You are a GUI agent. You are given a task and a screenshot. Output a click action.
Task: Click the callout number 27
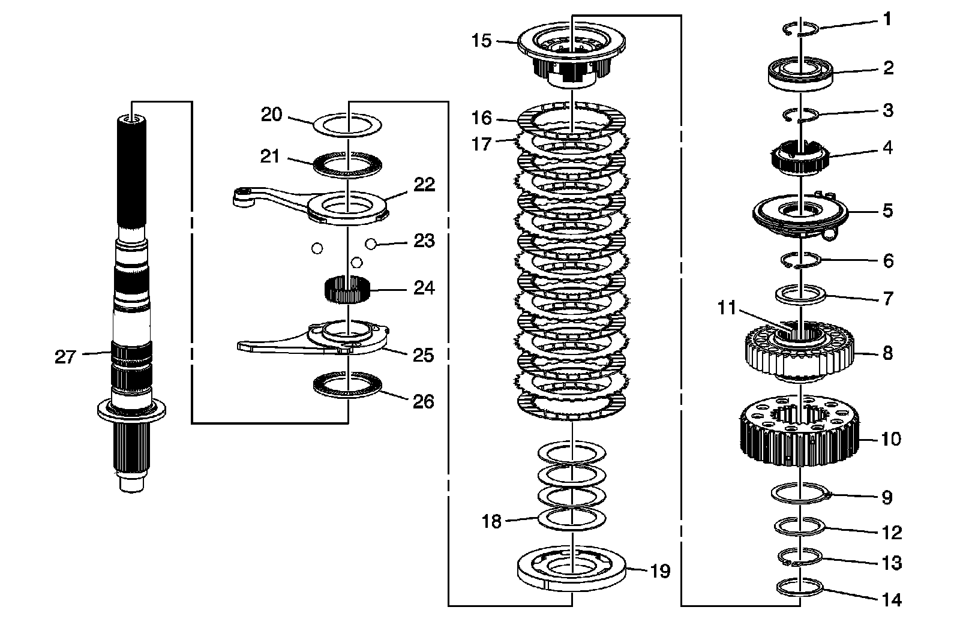[65, 357]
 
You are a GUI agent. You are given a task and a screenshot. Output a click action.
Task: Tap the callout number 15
[481, 41]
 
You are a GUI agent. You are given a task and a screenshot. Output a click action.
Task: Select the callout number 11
[727, 308]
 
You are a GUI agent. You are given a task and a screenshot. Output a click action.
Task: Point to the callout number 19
[660, 571]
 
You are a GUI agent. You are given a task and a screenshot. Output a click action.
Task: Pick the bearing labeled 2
[802, 74]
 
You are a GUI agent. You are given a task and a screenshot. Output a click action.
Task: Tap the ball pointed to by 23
[371, 244]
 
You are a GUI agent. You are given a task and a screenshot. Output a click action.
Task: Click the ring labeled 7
[802, 295]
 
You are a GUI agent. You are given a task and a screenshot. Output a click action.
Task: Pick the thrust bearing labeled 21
[348, 164]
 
